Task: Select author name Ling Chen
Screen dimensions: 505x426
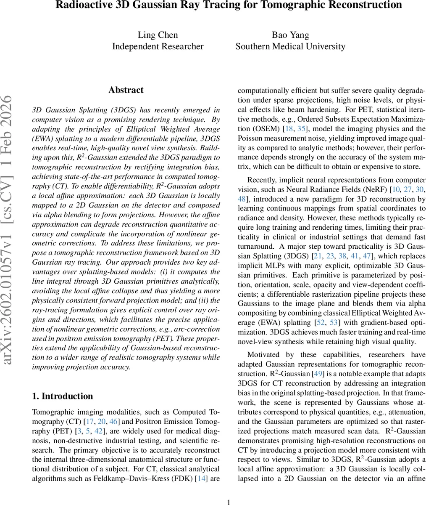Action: click(158, 35)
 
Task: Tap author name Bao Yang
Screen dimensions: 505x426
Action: click(290, 35)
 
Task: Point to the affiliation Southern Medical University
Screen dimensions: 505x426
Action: click(290, 46)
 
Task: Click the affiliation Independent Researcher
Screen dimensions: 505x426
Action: click(158, 46)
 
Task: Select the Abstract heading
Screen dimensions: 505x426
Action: click(126, 90)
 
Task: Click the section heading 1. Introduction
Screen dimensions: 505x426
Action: click(63, 396)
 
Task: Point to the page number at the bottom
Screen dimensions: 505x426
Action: click(229, 502)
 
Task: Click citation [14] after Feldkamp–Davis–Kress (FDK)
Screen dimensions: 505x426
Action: click(202, 478)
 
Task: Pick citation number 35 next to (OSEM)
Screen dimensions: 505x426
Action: click(302, 129)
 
